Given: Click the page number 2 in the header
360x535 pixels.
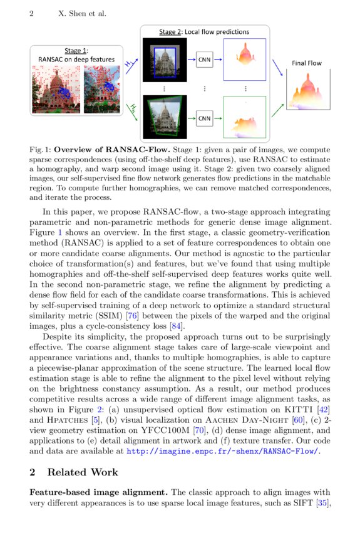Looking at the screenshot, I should point(31,13).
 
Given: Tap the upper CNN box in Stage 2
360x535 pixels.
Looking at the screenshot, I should point(205,60).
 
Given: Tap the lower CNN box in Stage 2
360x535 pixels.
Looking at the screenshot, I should point(205,118).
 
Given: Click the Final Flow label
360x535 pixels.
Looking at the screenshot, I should point(307,63).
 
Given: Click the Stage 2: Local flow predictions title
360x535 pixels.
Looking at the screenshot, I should point(204,32).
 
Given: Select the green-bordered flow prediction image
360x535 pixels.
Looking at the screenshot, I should point(245,117).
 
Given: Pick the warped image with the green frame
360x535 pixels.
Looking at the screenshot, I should point(165,117).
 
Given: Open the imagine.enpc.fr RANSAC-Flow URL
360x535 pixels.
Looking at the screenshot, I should point(223,450).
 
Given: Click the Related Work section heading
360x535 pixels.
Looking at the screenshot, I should point(81,472).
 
